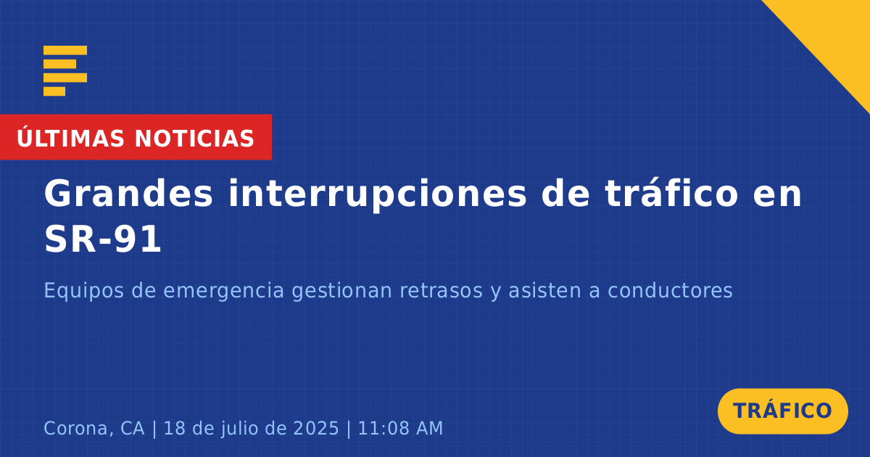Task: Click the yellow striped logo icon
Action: point(65,71)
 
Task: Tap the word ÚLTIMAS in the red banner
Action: point(70,138)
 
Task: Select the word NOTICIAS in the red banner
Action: point(194,139)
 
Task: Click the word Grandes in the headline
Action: point(128,193)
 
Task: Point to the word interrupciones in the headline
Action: point(377,194)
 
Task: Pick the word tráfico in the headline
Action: point(671,193)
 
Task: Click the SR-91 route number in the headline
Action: point(102,239)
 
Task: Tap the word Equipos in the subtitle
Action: point(83,292)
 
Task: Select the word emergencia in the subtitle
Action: point(224,292)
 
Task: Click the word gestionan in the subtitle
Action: point(341,292)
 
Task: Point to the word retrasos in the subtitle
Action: point(442,291)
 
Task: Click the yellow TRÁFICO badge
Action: point(782,411)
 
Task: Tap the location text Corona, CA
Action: point(94,429)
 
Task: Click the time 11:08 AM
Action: point(400,428)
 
